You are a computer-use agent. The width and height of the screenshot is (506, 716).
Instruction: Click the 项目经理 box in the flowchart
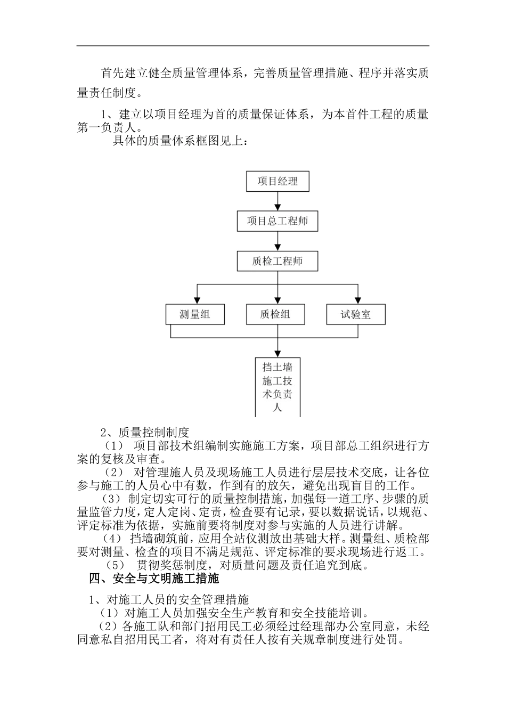[x=277, y=181]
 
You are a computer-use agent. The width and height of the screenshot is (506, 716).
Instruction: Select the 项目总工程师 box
[x=277, y=221]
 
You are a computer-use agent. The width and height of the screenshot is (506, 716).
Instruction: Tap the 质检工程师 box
[x=277, y=262]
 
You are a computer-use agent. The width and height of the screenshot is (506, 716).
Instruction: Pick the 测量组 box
[x=195, y=314]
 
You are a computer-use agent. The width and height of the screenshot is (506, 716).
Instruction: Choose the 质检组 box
[x=275, y=314]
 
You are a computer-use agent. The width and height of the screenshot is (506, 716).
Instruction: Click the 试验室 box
[x=356, y=314]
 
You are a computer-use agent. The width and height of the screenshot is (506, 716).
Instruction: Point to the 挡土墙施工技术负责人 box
[x=278, y=387]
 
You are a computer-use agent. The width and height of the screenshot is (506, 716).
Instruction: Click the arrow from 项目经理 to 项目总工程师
[x=277, y=201]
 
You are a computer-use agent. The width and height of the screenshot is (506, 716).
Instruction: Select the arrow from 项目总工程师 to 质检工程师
[x=277, y=241]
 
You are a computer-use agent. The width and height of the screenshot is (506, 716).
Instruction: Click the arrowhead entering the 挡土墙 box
[x=278, y=353]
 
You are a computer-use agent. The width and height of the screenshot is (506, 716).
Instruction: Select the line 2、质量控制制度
[x=145, y=432]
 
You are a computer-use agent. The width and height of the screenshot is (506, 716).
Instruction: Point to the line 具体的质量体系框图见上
[x=180, y=141]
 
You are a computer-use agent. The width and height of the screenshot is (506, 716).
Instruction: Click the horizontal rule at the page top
[x=253, y=46]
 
